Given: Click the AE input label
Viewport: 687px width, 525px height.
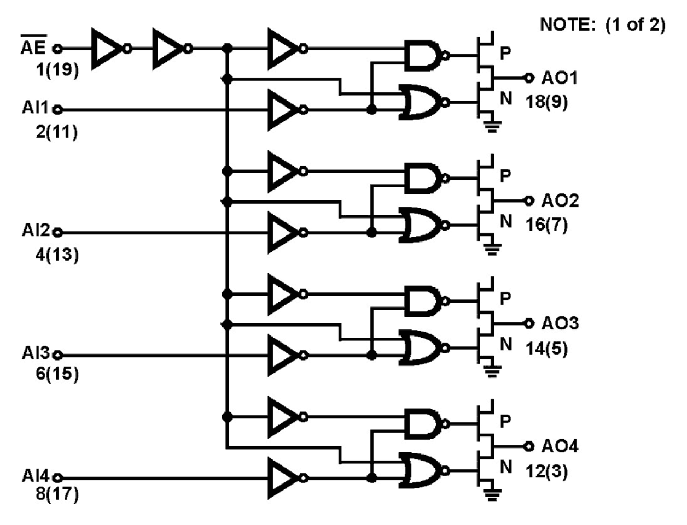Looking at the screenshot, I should point(34,48).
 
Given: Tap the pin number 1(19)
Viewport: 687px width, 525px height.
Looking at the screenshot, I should point(57,70).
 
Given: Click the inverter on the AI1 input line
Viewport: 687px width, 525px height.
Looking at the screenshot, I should point(283,110).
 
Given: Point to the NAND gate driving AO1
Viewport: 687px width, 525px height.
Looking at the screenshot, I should point(423,55).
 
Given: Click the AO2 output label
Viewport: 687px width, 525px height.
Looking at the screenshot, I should point(560,200).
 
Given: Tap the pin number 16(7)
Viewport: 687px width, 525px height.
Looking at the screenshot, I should point(546,224).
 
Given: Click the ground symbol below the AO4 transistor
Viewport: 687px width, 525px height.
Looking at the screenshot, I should point(492,495).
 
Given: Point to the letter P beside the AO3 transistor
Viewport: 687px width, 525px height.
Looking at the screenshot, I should point(505,298).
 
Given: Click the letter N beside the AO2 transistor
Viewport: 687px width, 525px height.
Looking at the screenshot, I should point(506,221).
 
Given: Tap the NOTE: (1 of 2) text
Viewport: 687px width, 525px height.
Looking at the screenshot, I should point(602,25).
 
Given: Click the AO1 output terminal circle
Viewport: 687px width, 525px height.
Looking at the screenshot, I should point(528,78).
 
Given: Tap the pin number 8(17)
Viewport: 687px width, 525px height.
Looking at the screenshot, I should point(57,494).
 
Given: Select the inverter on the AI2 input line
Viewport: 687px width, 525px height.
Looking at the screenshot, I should point(283,233).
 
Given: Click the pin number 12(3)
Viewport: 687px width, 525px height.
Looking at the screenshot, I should point(546,470).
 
